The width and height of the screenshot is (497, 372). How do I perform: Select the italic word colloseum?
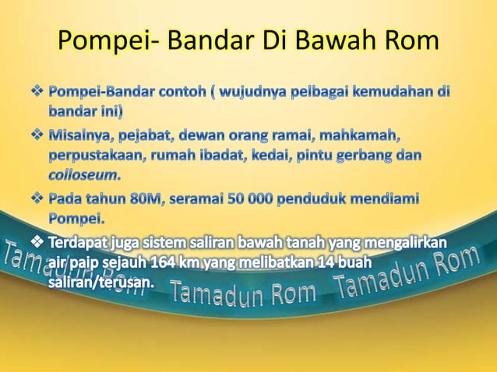click(x=85, y=174)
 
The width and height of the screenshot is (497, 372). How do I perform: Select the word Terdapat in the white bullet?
click(x=78, y=243)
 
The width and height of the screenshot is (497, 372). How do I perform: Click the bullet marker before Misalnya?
click(x=37, y=137)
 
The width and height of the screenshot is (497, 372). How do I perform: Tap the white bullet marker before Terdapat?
click(x=37, y=243)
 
